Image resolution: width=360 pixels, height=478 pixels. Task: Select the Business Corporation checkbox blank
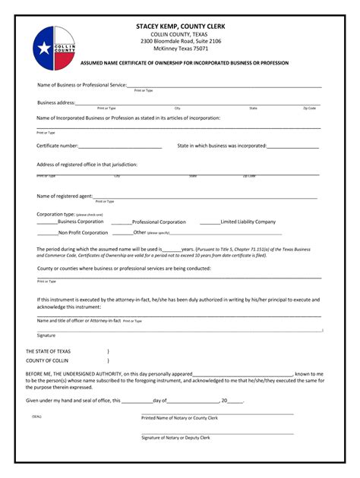point(47,222)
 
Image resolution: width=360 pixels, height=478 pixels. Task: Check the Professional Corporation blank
point(122,222)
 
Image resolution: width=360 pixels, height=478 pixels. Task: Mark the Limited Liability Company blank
point(210,222)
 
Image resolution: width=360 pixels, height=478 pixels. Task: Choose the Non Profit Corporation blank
point(47,233)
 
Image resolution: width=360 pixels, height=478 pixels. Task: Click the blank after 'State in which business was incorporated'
point(292,146)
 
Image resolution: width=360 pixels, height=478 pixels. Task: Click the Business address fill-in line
point(197,103)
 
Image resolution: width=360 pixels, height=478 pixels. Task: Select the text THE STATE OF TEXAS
point(48,351)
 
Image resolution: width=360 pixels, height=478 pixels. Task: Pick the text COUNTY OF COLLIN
point(47,360)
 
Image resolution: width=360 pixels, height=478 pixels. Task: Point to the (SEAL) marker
point(37,417)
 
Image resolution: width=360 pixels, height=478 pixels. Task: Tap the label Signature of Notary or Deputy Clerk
point(176,438)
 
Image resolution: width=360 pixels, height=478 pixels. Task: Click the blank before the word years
point(172,249)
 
